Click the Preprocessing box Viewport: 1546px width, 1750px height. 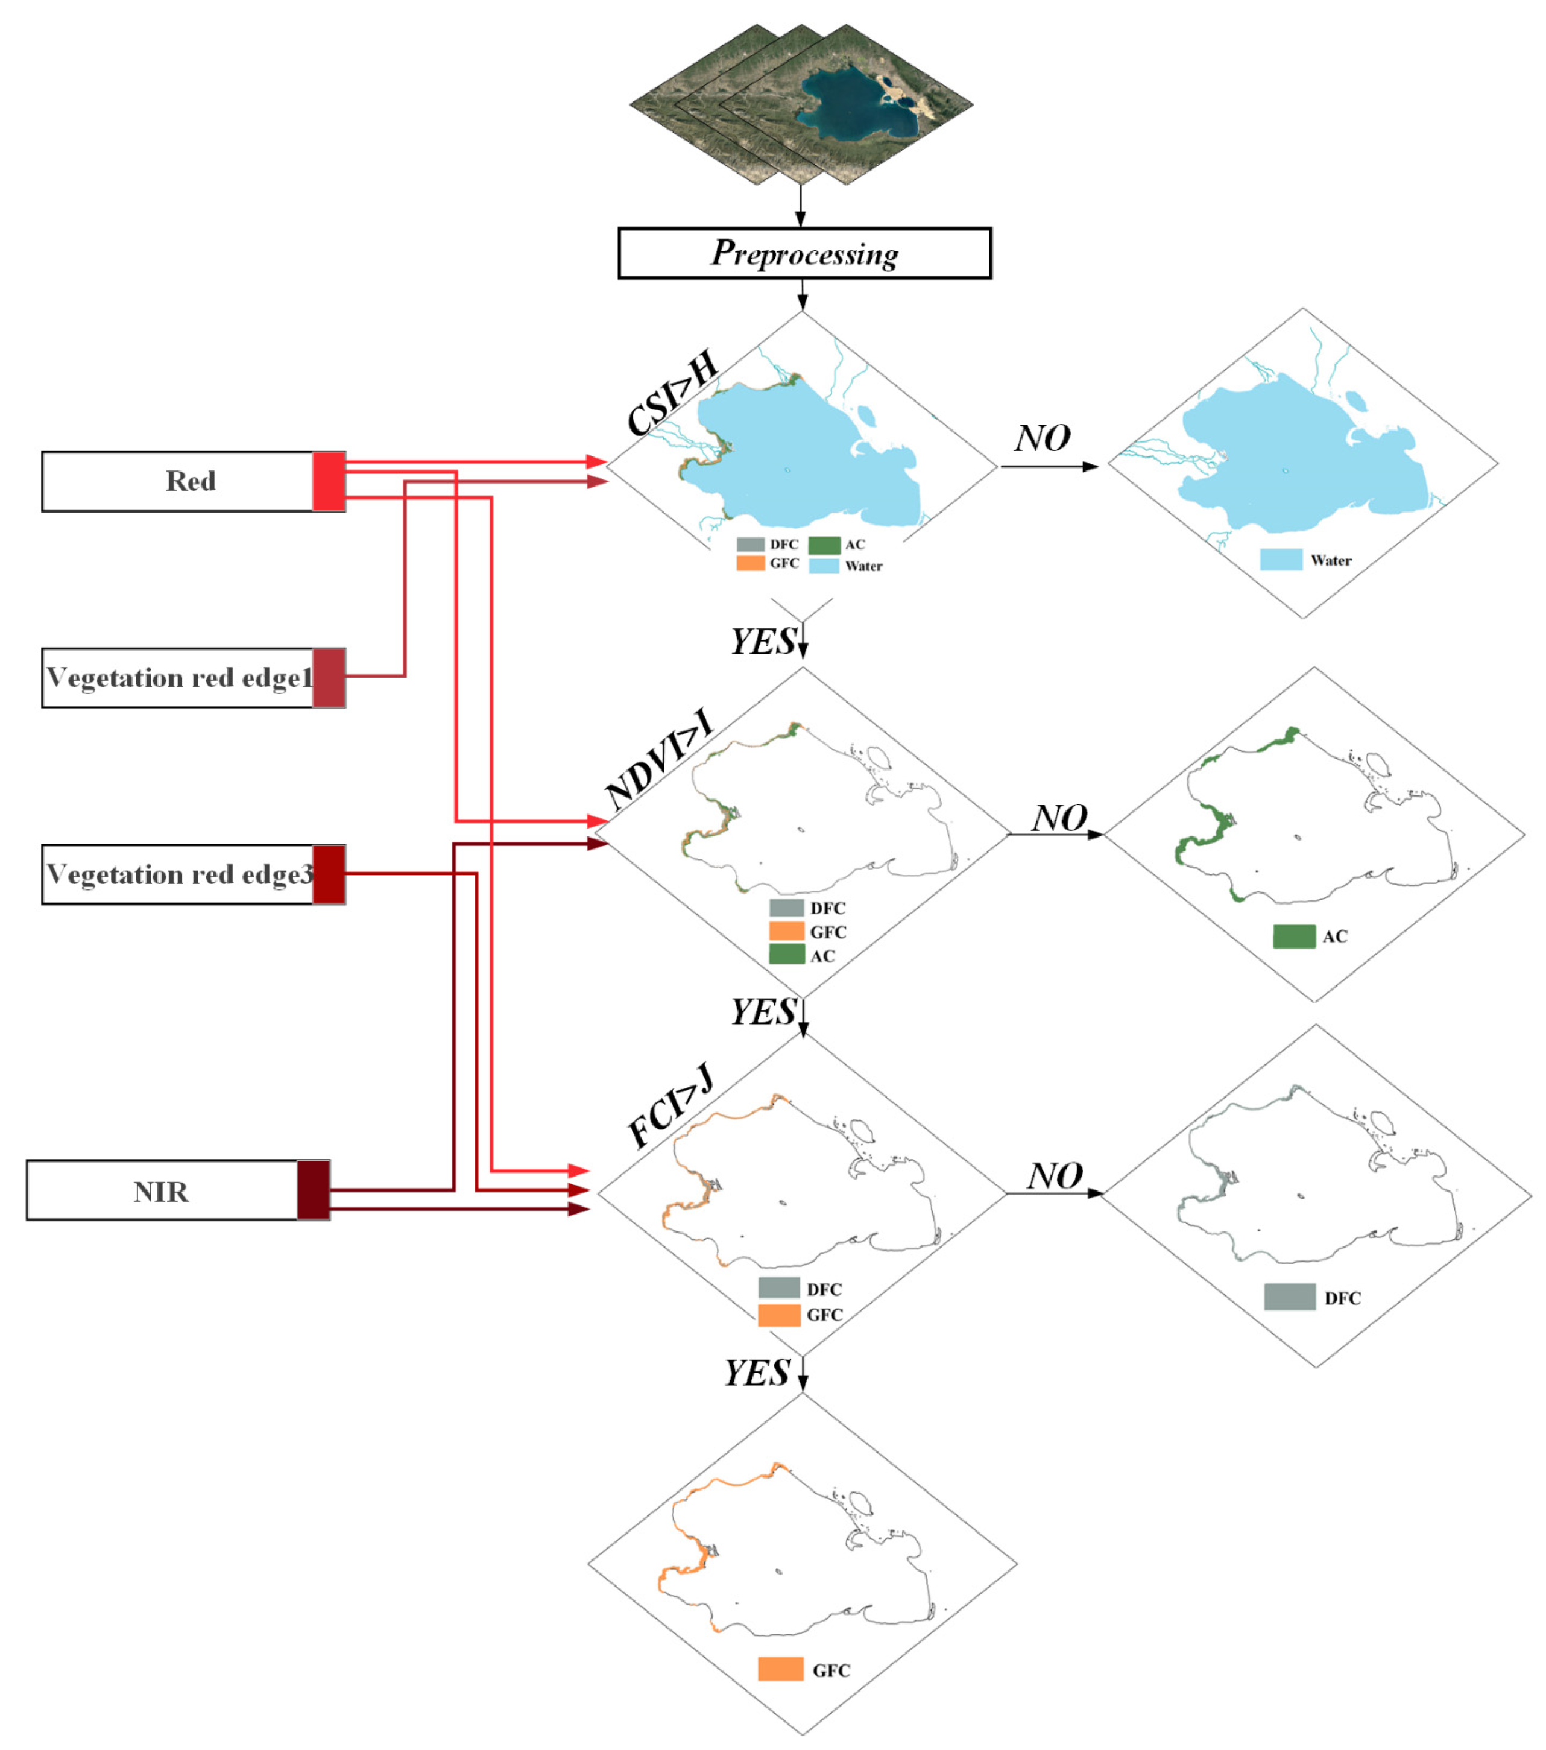click(x=804, y=253)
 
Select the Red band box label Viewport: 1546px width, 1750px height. click(x=190, y=481)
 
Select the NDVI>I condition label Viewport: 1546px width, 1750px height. click(x=658, y=760)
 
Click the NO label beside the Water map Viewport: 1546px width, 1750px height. click(x=1042, y=438)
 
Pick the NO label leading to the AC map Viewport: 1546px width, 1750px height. click(x=1059, y=818)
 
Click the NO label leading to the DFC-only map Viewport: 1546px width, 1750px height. click(x=1055, y=1177)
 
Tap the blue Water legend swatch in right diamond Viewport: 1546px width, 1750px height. click(x=1281, y=560)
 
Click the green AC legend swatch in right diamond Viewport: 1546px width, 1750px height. click(x=1293, y=937)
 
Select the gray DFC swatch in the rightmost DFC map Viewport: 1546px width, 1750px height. click(x=1289, y=1297)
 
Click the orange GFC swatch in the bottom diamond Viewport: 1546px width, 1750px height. click(x=780, y=1669)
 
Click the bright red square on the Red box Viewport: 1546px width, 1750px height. click(x=329, y=481)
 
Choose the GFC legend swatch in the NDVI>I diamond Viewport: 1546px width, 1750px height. click(x=786, y=932)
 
